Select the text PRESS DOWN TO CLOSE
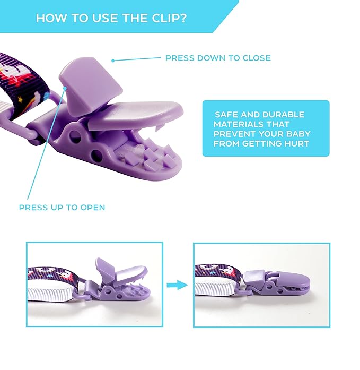point(218,58)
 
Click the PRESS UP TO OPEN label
point(62,208)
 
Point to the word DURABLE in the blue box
point(283,115)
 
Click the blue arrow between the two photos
point(177,285)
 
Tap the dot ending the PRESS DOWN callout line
point(113,61)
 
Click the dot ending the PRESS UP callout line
point(65,88)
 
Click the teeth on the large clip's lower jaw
point(151,154)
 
